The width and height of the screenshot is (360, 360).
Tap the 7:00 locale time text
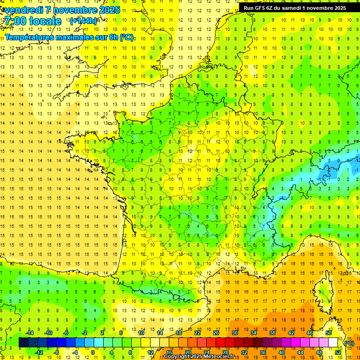[x=33, y=21]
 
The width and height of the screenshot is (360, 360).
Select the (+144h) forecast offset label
[x=83, y=21]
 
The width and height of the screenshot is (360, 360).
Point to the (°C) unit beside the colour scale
[x=349, y=343]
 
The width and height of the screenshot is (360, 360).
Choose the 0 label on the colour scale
[x=92, y=352]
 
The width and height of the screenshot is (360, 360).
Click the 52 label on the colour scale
[x=338, y=352]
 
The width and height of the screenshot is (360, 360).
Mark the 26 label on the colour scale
[x=216, y=332]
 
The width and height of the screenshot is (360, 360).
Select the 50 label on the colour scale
[x=329, y=332]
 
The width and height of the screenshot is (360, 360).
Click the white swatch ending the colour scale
[x=333, y=343]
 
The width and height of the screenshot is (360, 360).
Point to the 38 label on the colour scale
[x=272, y=332]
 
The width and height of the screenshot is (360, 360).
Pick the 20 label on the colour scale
[x=187, y=352]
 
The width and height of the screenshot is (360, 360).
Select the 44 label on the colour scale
[x=300, y=352]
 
